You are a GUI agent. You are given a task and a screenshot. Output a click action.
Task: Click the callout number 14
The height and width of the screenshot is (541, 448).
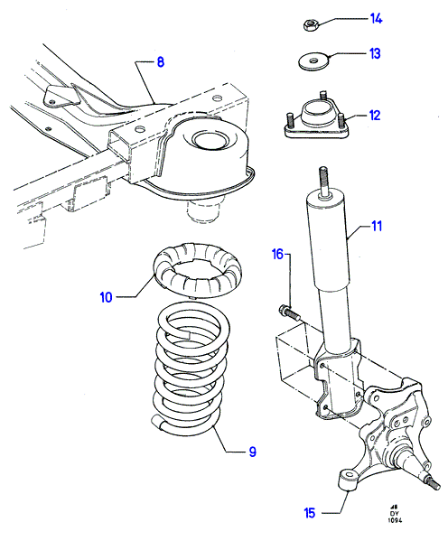(376, 19)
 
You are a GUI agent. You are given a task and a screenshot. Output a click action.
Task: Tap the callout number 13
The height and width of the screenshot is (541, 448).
(375, 54)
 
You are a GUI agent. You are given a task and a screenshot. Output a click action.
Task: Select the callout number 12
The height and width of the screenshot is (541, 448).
(375, 116)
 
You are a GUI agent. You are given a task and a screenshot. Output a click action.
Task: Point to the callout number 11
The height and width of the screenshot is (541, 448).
(377, 227)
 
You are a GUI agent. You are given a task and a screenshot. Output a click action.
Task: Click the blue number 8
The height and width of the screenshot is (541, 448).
(161, 62)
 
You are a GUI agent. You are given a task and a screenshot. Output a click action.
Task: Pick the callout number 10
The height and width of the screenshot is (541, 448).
(106, 297)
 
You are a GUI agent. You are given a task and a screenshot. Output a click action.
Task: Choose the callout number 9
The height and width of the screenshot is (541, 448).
(253, 452)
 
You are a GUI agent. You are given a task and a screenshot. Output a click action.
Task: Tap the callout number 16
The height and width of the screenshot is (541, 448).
(278, 255)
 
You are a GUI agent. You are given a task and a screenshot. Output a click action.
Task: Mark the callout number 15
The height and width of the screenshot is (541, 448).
(310, 513)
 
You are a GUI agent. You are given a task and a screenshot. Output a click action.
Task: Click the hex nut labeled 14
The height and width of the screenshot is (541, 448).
(310, 25)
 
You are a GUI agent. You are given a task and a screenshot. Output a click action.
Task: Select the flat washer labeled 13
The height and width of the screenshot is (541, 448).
(313, 61)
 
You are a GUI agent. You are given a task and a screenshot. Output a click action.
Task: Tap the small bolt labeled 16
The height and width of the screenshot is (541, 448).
(288, 312)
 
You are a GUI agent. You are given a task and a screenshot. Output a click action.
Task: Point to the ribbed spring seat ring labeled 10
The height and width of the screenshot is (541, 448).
(197, 272)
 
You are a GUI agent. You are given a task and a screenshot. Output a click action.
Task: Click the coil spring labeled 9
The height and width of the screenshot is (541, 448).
(191, 369)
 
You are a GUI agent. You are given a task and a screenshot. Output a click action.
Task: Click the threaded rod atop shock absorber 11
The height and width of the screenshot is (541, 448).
(323, 182)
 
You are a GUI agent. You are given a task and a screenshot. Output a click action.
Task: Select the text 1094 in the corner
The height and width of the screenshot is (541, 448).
(395, 520)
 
